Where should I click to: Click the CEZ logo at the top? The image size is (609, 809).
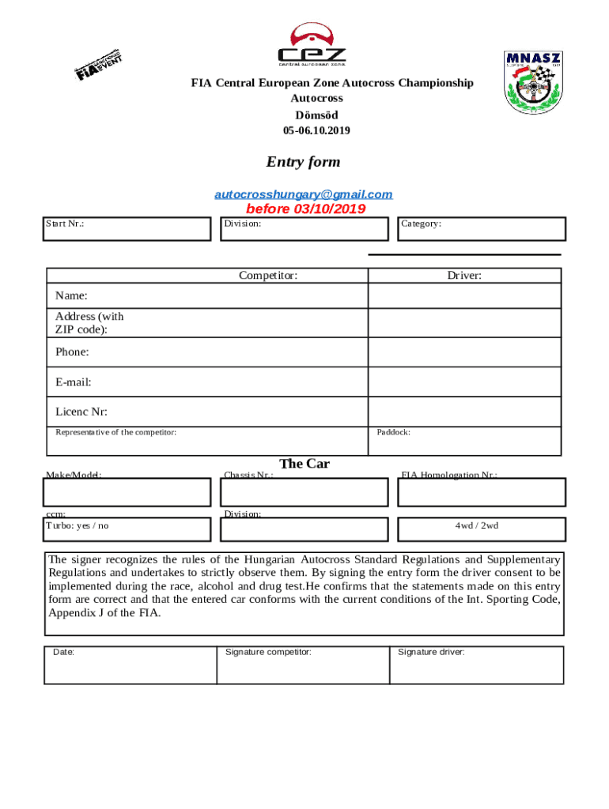click(x=311, y=45)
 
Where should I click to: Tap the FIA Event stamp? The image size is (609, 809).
click(x=98, y=65)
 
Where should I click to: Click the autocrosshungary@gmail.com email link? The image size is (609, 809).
click(x=304, y=194)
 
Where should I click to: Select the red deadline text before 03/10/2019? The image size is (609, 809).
click(x=305, y=209)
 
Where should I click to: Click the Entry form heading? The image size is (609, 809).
click(x=303, y=162)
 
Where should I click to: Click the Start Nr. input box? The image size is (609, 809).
click(x=127, y=229)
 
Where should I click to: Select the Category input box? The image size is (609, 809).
click(x=482, y=229)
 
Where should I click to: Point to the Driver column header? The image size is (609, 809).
click(x=464, y=276)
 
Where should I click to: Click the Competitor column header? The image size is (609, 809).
click(x=268, y=276)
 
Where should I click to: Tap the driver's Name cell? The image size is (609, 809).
click(x=464, y=296)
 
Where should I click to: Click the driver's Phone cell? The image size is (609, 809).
click(x=464, y=352)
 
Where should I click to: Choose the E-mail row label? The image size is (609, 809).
click(x=74, y=382)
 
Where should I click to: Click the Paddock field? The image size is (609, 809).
click(x=464, y=441)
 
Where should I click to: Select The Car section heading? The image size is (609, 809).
click(x=304, y=464)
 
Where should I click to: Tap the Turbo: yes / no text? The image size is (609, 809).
click(x=78, y=526)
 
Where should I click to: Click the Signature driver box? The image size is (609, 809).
click(x=476, y=665)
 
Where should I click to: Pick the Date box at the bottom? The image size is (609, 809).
click(x=130, y=665)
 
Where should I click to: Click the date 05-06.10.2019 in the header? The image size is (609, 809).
click(x=316, y=130)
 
